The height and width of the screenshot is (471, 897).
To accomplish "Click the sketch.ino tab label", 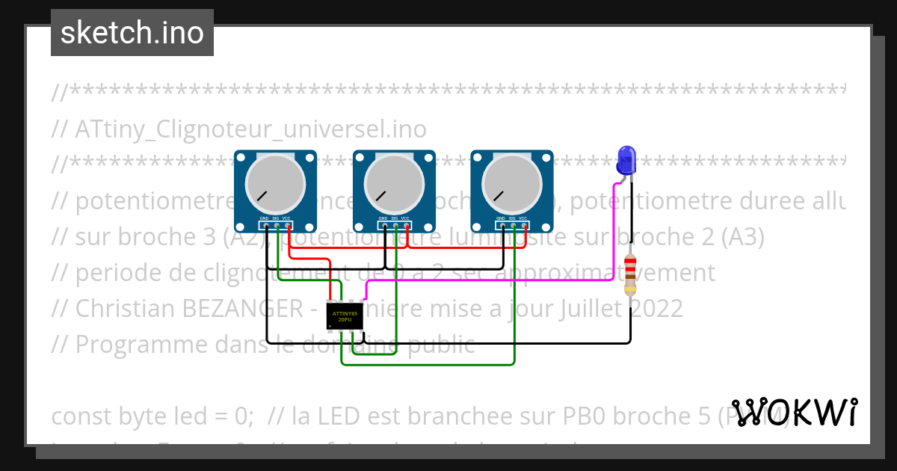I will tap(132, 33).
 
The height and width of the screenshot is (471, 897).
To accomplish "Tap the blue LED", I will tap(626, 161).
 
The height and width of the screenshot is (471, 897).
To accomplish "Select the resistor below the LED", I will tap(630, 274).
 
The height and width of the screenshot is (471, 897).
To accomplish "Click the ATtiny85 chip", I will tap(345, 315).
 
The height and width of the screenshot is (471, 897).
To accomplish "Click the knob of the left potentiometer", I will tap(275, 184).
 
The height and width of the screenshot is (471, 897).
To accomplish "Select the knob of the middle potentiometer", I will tap(393, 184).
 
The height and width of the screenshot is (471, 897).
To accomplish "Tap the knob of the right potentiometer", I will tap(511, 184).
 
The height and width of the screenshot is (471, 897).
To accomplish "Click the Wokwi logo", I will tap(794, 412).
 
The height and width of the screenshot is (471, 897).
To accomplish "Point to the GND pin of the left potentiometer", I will tap(265, 225).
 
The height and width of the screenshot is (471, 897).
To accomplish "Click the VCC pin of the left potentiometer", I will tap(288, 225).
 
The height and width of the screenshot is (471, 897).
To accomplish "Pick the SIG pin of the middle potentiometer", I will tap(395, 225).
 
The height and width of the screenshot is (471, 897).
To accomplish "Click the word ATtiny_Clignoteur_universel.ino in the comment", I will tap(250, 129).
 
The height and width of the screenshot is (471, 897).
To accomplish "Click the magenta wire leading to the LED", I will tap(486, 280).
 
